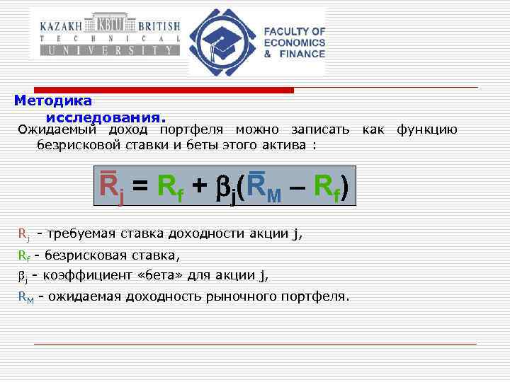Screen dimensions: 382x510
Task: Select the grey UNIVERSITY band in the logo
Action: click(106, 50)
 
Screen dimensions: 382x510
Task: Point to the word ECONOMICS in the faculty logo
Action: click(294, 42)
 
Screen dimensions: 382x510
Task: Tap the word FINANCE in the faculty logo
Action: click(301, 54)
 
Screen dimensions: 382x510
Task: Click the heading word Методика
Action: click(48, 100)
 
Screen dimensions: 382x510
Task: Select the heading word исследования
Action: click(106, 115)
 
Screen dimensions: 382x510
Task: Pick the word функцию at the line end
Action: click(426, 130)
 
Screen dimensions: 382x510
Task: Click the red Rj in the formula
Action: click(110, 187)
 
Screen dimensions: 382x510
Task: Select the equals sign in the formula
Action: click(140, 186)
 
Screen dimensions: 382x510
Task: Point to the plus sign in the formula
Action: click(200, 186)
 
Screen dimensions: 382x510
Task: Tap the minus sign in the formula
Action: click(297, 186)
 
